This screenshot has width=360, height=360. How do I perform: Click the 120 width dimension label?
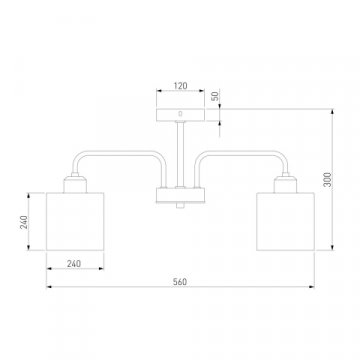tap(180, 86)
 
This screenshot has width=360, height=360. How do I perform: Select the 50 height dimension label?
tap(216, 96)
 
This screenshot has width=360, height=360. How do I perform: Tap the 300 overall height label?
tap(328, 179)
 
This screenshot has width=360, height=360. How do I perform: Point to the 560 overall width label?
tap(180, 282)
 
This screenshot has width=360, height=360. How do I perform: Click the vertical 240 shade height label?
tap(24, 222)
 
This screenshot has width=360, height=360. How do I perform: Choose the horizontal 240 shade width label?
tap(74, 264)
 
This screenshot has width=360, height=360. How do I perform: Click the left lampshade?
tap(75, 221)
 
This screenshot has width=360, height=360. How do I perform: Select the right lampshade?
tap(285, 221)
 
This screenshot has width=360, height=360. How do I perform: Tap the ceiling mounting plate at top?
tap(180, 115)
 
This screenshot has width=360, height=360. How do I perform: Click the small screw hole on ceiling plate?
tap(180, 114)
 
